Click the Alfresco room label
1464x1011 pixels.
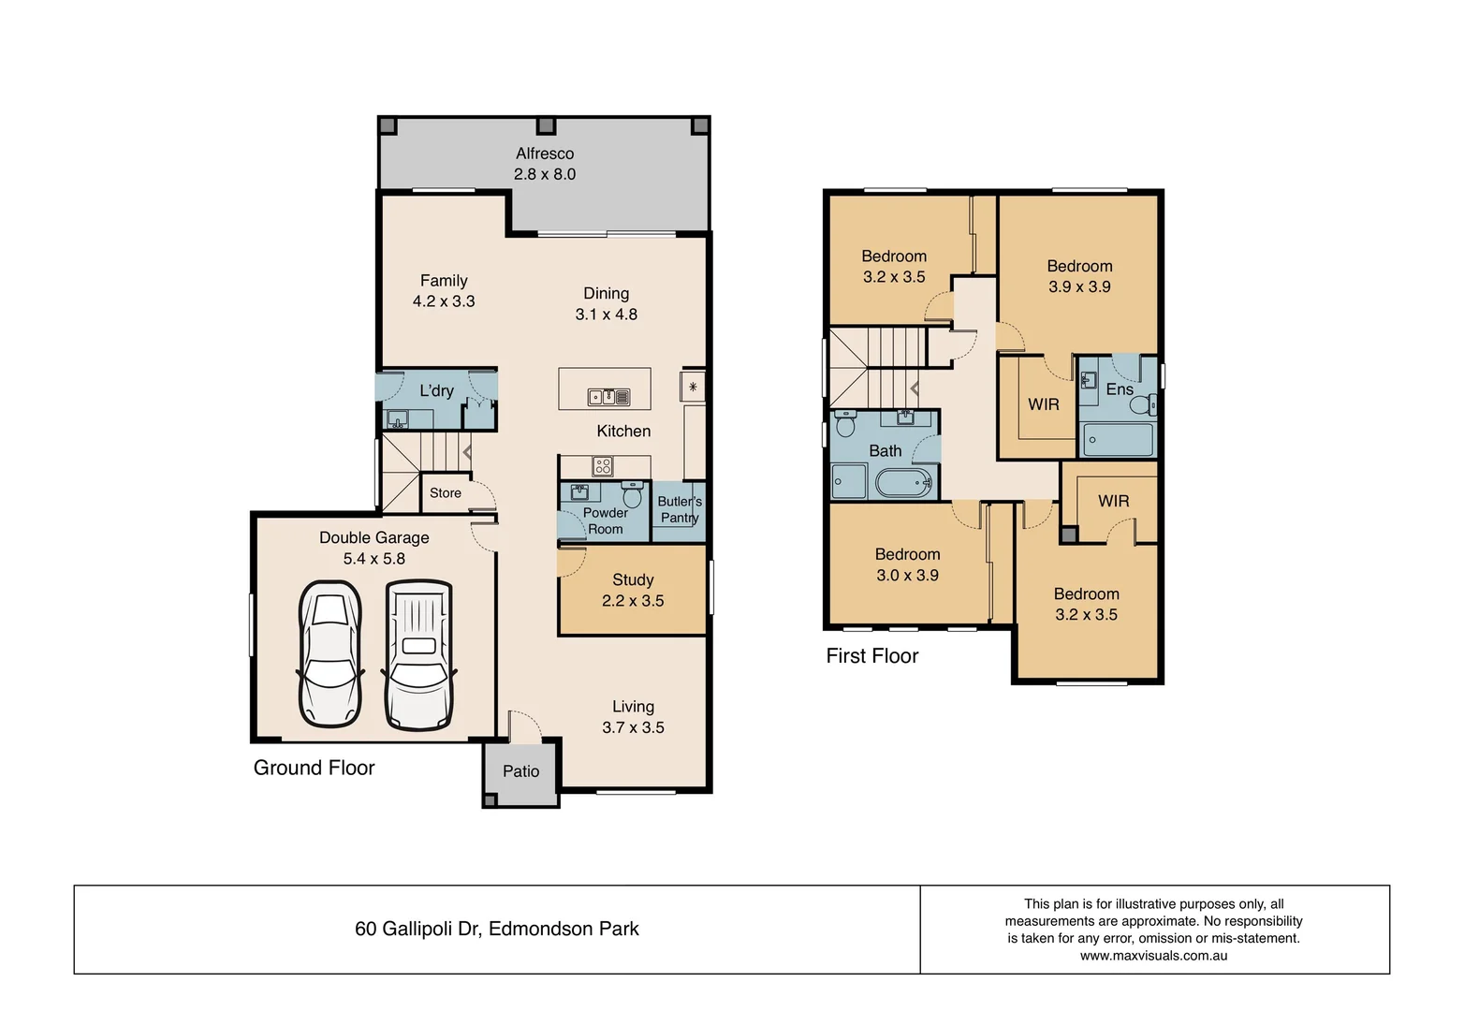pos(544,154)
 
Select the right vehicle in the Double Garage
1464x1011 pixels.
pos(418,654)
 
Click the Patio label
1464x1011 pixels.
pos(520,771)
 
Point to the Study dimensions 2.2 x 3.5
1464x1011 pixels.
pos(633,601)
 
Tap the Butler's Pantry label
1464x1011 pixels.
pos(680,509)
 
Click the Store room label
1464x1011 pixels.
pos(446,493)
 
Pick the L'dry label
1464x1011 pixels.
pos(436,390)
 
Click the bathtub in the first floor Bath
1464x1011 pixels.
pos(904,483)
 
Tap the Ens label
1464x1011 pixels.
pos(1120,388)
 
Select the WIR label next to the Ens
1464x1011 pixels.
pos(1044,404)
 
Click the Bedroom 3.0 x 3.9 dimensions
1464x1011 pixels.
pos(907,576)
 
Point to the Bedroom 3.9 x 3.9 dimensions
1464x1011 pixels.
pos(1079,287)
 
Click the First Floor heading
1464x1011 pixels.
pos(871,656)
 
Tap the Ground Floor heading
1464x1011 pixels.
pos(314,768)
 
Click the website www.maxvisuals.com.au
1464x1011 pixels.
pos(1153,956)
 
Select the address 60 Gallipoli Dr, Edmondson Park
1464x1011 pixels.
pos(497,929)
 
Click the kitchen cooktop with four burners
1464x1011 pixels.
pos(603,465)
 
